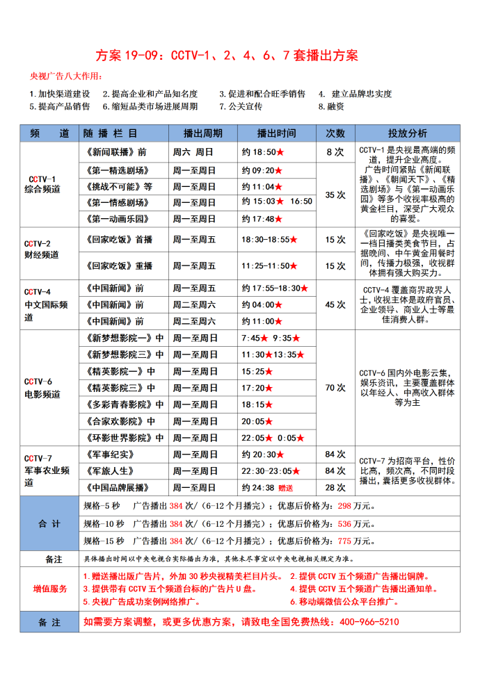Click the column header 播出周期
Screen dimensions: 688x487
coord(202,133)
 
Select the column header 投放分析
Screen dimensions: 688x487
coord(408,133)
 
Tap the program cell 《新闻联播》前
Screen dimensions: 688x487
coord(115,151)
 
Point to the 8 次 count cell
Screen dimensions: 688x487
coord(335,151)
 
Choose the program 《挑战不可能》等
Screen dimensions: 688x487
coord(119,187)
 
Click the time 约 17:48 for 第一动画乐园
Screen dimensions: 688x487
coord(257,219)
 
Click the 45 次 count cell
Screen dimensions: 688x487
coord(335,304)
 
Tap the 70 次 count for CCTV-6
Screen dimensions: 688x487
coord(335,388)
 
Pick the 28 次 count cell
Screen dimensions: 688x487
coord(335,488)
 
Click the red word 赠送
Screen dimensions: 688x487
coord(286,488)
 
